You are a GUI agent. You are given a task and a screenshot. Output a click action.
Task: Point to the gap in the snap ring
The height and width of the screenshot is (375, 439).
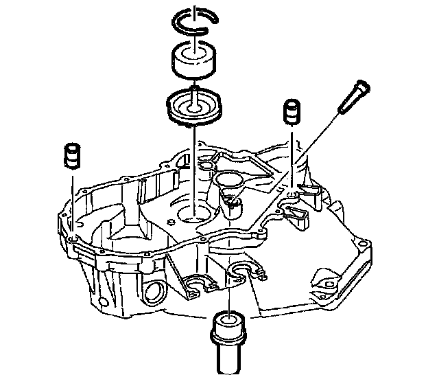pyautogui.click(x=196, y=11)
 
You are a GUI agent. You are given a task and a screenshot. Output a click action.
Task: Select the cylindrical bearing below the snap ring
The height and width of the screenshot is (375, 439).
pyautogui.click(x=193, y=62)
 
